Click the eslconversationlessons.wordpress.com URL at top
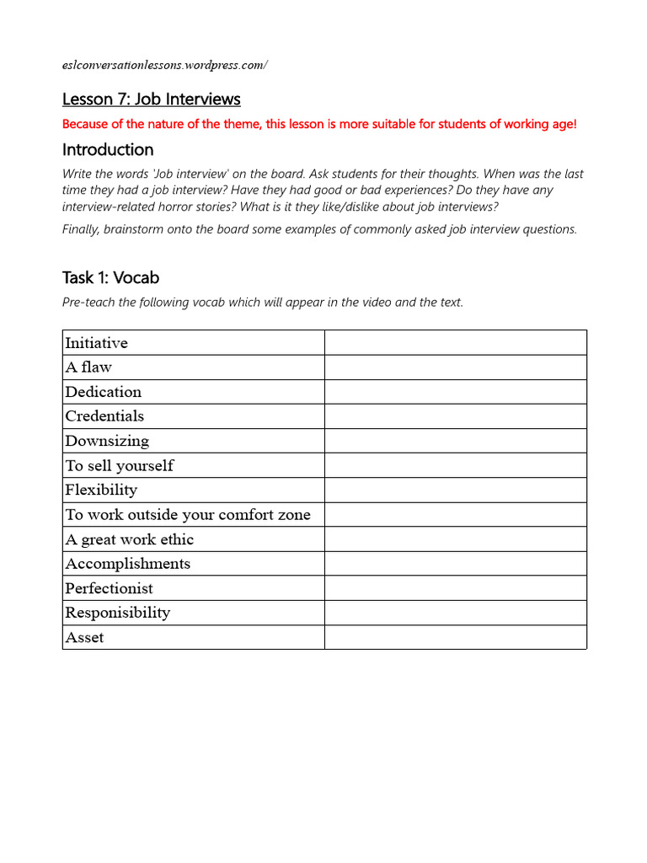click(x=164, y=65)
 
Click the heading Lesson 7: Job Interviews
click(x=152, y=99)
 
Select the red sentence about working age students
click(x=319, y=125)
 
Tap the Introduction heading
click(x=108, y=150)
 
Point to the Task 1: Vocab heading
click(x=110, y=277)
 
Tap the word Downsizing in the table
click(x=107, y=441)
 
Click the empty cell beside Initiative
click(x=455, y=343)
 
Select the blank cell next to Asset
click(x=455, y=638)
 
